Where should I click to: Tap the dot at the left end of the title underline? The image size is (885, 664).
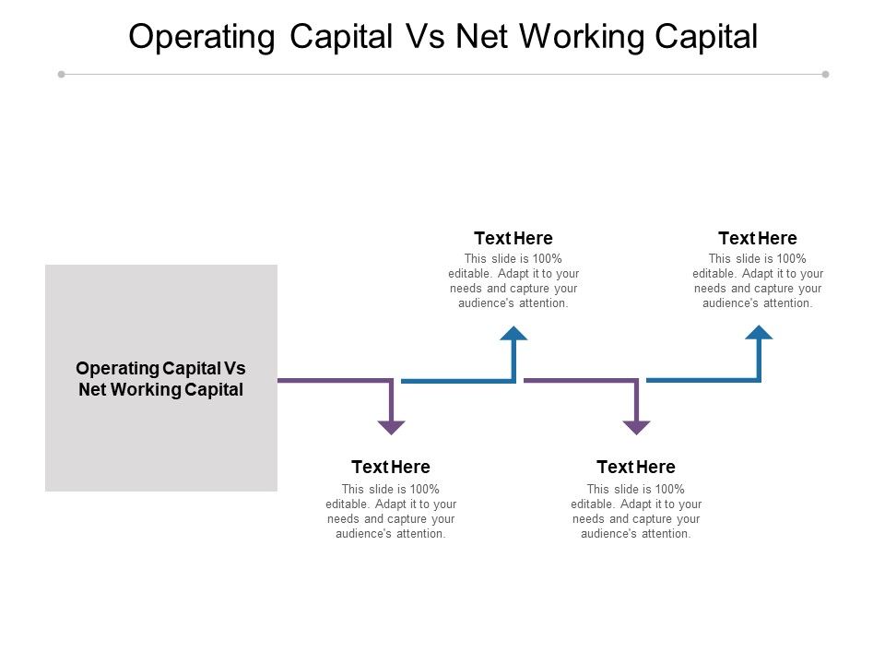pyautogui.click(x=61, y=74)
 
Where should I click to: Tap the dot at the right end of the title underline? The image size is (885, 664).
pyautogui.click(x=825, y=74)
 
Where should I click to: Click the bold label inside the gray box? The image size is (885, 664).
pyautogui.click(x=161, y=378)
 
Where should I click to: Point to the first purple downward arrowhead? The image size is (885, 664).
pyautogui.click(x=392, y=427)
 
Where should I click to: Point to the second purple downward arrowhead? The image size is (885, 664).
pyautogui.click(x=636, y=427)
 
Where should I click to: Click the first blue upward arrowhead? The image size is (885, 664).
pyautogui.click(x=513, y=333)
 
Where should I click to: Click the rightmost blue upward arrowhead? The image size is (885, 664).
pyautogui.click(x=759, y=333)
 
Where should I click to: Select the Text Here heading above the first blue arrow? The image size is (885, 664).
pyautogui.click(x=513, y=239)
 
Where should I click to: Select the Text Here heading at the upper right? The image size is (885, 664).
pyautogui.click(x=758, y=239)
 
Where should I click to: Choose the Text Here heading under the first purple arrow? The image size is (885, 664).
pyautogui.click(x=391, y=467)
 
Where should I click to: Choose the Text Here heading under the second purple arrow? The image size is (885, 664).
pyautogui.click(x=636, y=467)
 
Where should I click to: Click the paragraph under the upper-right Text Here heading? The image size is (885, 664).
pyautogui.click(x=758, y=280)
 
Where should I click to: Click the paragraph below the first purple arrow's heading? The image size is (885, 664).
pyautogui.click(x=391, y=511)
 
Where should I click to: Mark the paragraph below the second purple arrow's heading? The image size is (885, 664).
pyautogui.click(x=636, y=511)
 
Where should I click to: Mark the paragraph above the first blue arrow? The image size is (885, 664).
pyautogui.click(x=513, y=280)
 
